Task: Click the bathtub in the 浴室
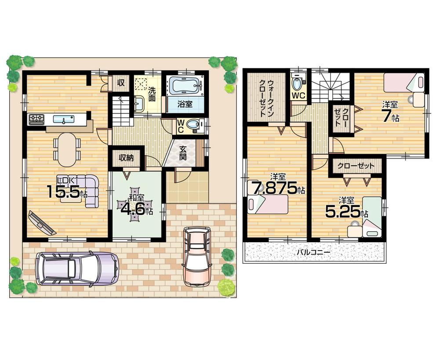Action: [185, 86]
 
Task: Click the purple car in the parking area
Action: [77, 268]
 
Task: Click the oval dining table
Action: [67, 149]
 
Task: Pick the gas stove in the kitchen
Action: [36, 118]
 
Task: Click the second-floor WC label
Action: [299, 95]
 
